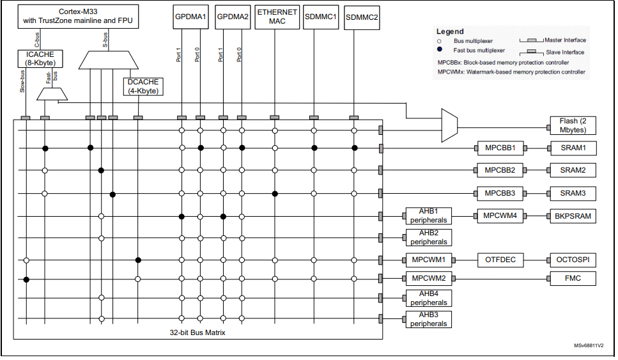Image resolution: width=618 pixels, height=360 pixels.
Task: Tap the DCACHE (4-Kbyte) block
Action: point(143,86)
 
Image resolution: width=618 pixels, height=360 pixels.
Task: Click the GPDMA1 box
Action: point(190,17)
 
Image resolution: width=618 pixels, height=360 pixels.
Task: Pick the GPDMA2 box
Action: point(233,17)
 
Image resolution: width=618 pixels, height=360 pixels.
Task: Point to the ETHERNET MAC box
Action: point(277,17)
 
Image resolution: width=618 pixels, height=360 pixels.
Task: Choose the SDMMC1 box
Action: point(320,17)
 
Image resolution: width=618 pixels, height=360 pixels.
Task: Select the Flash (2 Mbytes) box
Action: point(573,125)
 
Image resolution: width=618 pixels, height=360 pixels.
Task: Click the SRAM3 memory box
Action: point(573,193)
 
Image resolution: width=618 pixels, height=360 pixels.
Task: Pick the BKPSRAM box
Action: point(573,216)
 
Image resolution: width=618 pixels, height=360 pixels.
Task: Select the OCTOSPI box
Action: point(573,260)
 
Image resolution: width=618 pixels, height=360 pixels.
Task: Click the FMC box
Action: point(573,279)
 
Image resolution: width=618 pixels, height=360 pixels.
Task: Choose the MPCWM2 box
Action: point(428,279)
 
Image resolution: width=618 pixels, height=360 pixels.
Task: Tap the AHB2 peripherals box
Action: point(428,238)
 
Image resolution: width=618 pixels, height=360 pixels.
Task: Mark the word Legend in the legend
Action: point(450,31)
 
